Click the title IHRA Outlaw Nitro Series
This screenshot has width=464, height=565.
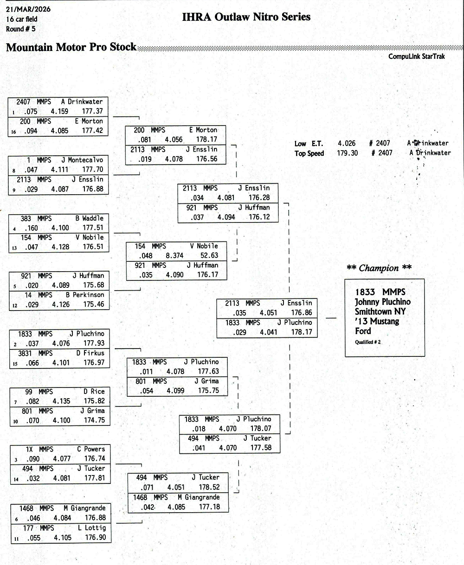[246, 17]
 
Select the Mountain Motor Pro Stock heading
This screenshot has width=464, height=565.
[71, 47]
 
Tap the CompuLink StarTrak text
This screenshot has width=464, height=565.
[416, 57]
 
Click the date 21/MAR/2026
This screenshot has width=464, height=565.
[28, 9]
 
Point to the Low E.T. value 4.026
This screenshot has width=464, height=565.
[347, 144]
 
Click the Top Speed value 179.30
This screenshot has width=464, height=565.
[348, 153]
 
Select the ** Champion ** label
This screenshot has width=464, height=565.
[379, 268]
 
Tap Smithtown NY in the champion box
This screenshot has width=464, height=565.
[380, 311]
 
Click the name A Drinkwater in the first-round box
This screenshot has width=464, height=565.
[82, 102]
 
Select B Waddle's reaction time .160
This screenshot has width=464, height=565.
[31, 228]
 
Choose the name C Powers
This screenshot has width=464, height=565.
[91, 449]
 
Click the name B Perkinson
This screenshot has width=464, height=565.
[85, 295]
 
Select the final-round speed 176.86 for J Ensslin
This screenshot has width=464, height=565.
[302, 313]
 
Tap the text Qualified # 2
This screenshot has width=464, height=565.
[368, 342]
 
